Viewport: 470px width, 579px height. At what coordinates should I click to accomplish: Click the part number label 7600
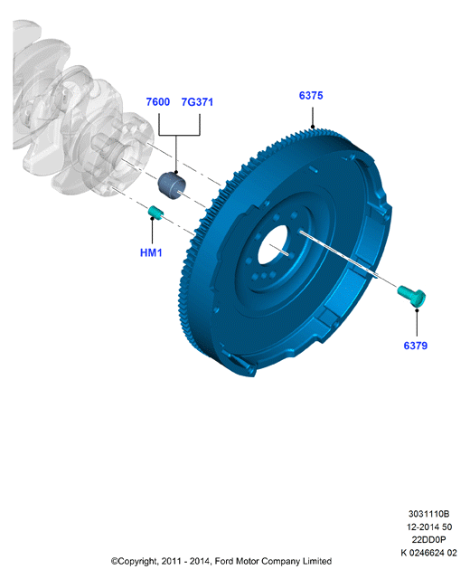[x=158, y=102]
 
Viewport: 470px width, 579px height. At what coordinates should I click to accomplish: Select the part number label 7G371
[x=197, y=102]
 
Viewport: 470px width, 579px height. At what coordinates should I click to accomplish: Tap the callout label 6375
[x=311, y=96]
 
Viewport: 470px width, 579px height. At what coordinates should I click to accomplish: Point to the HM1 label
[x=151, y=253]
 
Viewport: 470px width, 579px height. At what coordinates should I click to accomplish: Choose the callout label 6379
[x=416, y=346]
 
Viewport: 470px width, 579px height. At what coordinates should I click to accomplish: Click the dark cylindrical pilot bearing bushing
[x=173, y=185]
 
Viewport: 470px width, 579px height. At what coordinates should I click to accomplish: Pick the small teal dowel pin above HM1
[x=155, y=213]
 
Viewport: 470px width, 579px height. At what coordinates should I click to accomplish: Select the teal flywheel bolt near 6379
[x=412, y=295]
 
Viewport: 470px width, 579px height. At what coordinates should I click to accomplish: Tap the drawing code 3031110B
[x=428, y=514]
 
